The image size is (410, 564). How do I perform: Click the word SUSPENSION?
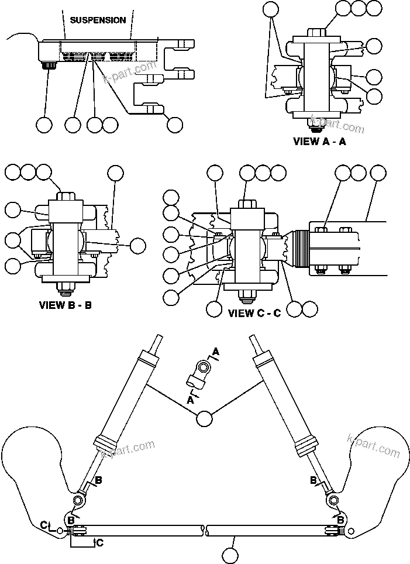[x=98, y=20]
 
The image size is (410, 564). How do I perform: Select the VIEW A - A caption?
[x=319, y=141]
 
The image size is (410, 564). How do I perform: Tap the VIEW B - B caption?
[x=65, y=305]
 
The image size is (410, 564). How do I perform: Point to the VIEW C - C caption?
[x=254, y=313]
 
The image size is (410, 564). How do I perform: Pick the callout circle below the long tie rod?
[x=232, y=553]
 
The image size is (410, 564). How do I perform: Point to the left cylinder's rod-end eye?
[x=77, y=501]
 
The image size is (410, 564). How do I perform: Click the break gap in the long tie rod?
[x=206, y=531]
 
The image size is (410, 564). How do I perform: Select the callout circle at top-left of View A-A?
[x=271, y=9]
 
